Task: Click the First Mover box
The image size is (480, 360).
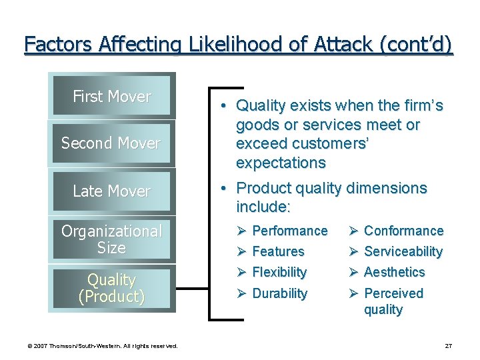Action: coord(111,96)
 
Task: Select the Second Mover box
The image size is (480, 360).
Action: coord(111,143)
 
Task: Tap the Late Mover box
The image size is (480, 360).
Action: coord(111,191)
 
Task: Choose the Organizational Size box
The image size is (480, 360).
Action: coord(111,239)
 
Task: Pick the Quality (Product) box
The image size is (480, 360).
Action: coord(111,288)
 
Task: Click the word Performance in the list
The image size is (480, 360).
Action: coord(290,231)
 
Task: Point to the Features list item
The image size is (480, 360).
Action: coord(278,251)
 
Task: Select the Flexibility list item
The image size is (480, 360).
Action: coord(279,272)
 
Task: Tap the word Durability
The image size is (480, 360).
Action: coord(280,293)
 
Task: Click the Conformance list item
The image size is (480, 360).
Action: coord(403,231)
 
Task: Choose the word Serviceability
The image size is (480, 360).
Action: coord(403,251)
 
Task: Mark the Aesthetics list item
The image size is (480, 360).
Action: coord(394,272)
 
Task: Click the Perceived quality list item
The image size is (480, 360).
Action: coord(393,301)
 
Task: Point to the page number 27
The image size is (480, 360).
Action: coord(448,346)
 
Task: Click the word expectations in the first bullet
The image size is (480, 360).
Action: coord(281,163)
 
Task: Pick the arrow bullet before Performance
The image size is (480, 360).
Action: coord(241,231)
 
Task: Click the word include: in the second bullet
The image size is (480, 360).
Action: coord(263,207)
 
